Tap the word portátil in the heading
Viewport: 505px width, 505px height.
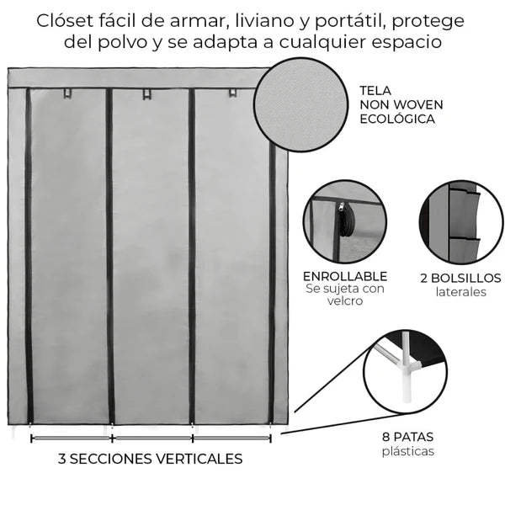click(x=349, y=22)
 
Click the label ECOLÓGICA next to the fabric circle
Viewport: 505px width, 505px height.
click(x=397, y=119)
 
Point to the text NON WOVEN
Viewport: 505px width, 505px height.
click(x=401, y=104)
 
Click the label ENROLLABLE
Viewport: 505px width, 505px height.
click(x=345, y=276)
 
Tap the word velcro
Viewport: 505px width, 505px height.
click(x=345, y=300)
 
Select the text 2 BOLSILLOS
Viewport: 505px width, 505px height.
click(x=460, y=278)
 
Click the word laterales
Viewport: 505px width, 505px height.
click(x=461, y=292)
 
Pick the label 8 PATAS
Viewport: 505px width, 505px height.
click(x=407, y=437)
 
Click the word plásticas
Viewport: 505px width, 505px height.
click(x=408, y=451)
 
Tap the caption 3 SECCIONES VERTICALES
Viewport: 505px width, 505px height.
click(x=151, y=459)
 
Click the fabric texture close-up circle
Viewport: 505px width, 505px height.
click(x=300, y=104)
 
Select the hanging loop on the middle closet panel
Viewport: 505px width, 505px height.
click(x=146, y=94)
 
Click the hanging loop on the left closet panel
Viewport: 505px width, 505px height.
click(x=67, y=93)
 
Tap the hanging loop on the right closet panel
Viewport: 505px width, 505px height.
click(x=232, y=93)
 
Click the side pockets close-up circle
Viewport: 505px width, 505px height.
click(x=461, y=222)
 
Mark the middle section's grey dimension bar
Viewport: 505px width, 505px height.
click(x=152, y=439)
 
